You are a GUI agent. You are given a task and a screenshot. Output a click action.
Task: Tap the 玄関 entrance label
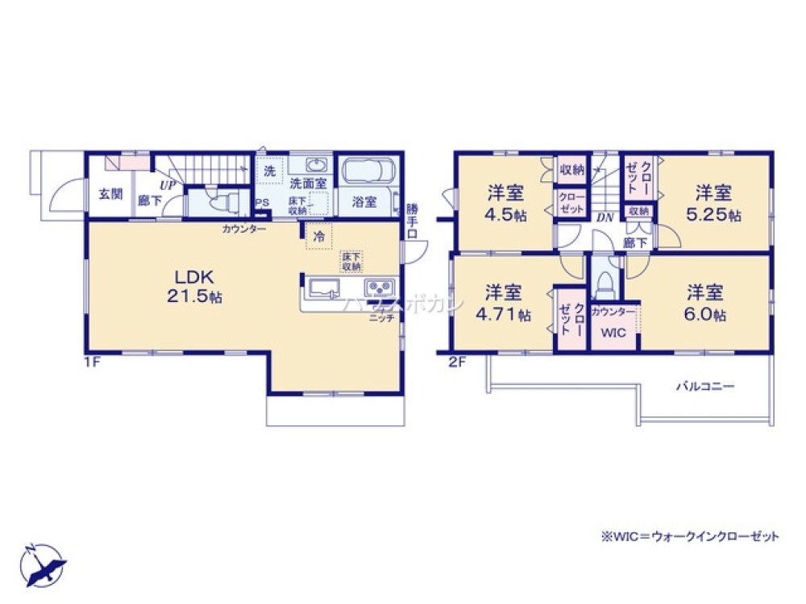click(x=110, y=194)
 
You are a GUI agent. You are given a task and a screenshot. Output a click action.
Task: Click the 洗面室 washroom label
click(x=308, y=183)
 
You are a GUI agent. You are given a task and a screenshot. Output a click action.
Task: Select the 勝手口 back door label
click(x=412, y=220)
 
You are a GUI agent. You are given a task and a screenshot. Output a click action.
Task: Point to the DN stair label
click(x=604, y=217)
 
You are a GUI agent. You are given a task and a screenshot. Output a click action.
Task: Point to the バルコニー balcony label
click(x=704, y=386)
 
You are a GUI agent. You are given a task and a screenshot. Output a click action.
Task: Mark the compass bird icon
click(x=44, y=564)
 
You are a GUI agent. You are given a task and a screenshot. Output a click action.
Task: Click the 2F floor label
click(x=457, y=362)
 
